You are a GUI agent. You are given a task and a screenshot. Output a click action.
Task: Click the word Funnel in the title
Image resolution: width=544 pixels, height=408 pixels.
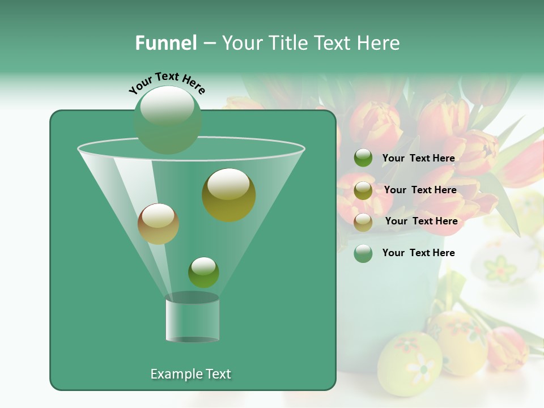(x=165, y=43)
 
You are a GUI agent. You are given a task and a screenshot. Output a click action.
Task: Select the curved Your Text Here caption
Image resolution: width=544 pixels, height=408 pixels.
(x=167, y=83)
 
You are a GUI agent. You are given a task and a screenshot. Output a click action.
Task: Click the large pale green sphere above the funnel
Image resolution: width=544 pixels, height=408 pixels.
(x=168, y=120)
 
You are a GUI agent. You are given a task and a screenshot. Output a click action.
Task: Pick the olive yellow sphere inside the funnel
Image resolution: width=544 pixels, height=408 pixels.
(x=229, y=194)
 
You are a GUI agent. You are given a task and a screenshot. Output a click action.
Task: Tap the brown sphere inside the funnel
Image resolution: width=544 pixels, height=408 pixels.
(x=158, y=224)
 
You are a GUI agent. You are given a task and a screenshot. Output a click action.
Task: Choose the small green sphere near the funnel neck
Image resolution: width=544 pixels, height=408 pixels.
(x=203, y=272)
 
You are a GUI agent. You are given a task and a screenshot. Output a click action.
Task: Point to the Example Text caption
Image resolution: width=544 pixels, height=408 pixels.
(x=191, y=374)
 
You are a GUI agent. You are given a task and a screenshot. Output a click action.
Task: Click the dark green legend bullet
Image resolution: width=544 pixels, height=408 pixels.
(x=363, y=158)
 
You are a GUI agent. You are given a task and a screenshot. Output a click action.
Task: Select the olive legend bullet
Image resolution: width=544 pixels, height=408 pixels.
(x=363, y=190)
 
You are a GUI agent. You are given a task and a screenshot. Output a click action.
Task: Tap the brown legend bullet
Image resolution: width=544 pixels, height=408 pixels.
(x=363, y=222)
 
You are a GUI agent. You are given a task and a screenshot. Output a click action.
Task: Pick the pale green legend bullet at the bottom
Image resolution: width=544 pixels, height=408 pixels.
(x=363, y=253)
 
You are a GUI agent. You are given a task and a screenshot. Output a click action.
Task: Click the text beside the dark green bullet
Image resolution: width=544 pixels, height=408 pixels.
(x=418, y=158)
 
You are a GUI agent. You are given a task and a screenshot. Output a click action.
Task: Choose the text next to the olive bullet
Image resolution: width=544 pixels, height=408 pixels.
(x=420, y=190)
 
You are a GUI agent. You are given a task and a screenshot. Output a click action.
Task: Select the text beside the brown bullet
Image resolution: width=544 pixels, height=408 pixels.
(x=421, y=221)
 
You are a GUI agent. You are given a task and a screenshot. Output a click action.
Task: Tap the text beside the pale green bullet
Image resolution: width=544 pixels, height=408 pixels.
(x=418, y=253)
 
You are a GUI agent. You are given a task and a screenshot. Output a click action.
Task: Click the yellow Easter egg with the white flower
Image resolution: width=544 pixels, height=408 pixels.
(x=409, y=363)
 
